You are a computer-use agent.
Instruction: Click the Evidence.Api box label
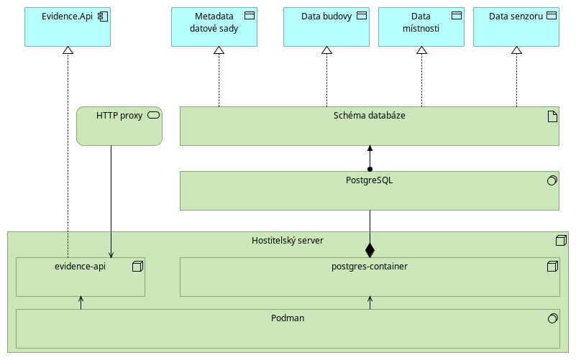[x=67, y=17]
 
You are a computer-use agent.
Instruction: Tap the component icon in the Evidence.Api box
[x=103, y=17]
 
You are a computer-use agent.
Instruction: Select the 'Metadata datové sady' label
[x=214, y=22]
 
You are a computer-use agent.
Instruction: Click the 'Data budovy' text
[x=326, y=17]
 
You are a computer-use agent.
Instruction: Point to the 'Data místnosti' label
[x=421, y=22]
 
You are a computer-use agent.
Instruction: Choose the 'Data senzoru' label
[x=516, y=17]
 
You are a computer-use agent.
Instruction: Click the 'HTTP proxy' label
[x=119, y=116]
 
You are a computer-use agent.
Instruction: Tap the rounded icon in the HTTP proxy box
[x=154, y=115]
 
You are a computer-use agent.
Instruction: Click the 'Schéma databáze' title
[x=369, y=116]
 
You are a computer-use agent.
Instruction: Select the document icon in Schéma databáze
[x=552, y=116]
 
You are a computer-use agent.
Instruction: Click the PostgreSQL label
[x=369, y=180]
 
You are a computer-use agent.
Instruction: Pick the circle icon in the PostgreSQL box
[x=552, y=180]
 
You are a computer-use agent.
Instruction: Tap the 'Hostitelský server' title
[x=288, y=241]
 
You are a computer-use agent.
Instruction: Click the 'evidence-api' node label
[x=80, y=267]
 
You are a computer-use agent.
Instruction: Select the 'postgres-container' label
[x=370, y=267]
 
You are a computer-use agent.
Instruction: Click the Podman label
[x=288, y=318]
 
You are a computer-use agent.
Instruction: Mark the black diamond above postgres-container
[x=370, y=250]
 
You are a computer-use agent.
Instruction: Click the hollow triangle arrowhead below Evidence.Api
[x=68, y=50]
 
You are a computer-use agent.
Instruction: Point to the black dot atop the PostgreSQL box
[x=370, y=169]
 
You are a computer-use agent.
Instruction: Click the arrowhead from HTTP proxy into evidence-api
[x=111, y=255]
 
